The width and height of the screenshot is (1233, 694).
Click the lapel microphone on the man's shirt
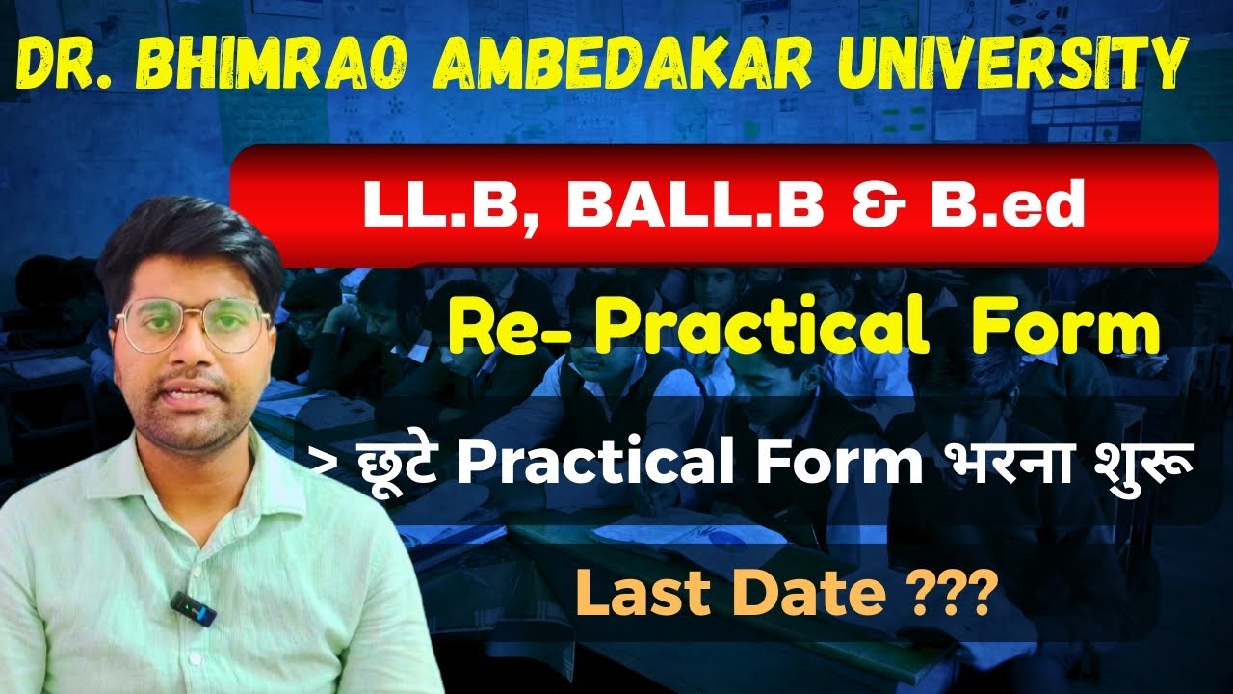tap(192, 606)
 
